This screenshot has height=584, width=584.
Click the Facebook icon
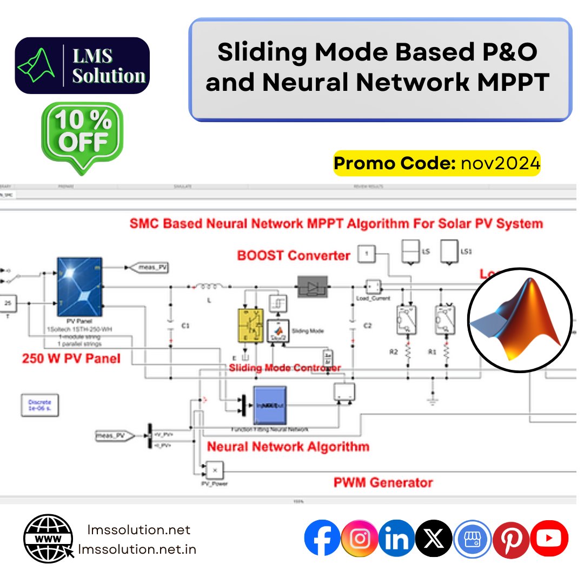tap(322, 539)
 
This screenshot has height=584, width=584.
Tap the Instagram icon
tap(360, 539)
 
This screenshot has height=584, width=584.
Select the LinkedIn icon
tap(396, 539)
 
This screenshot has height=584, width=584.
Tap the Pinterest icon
tap(511, 539)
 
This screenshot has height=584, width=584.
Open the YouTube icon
tap(549, 539)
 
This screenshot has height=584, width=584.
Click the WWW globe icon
tap(48, 538)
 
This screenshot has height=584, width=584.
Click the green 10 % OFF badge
tap(83, 135)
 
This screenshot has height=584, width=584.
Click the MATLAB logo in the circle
tap(519, 320)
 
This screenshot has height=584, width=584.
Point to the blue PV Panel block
tap(79, 286)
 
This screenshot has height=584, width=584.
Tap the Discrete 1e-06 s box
tap(39, 406)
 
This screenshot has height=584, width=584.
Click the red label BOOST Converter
tap(294, 255)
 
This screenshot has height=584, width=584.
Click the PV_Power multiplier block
tap(214, 469)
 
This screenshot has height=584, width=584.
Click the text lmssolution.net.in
tap(137, 549)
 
